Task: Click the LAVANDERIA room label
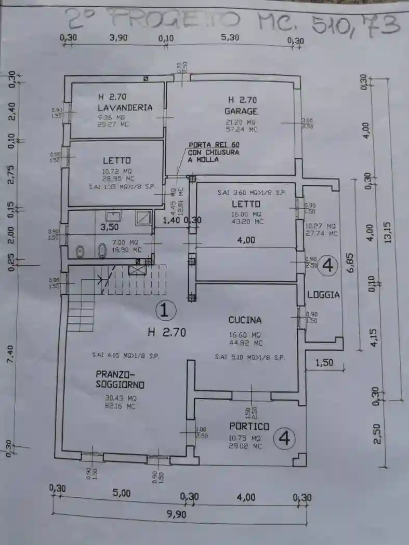coord(125,107)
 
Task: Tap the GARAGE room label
coord(241,111)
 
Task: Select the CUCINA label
coord(245,320)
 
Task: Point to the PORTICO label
coord(249,426)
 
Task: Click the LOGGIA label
coord(323,294)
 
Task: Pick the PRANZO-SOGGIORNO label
coord(120,379)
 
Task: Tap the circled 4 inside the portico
coord(284,439)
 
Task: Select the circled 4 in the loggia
coord(327,265)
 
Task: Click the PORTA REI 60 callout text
coord(214,152)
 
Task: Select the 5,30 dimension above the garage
coord(230,37)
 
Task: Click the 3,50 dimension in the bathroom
coord(110,227)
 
